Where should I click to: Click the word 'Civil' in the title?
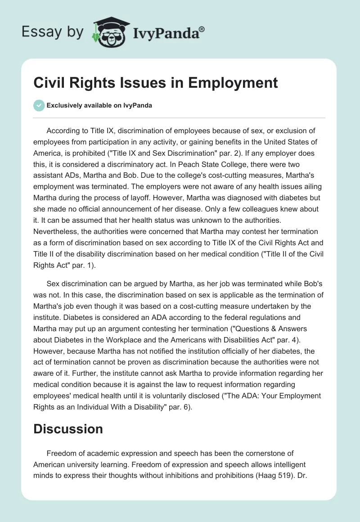48,83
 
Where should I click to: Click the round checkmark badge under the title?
39,105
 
